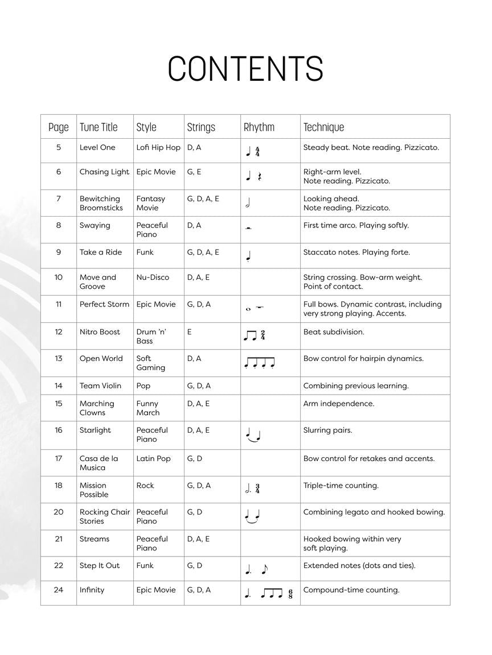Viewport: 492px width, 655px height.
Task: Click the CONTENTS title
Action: pos(245,69)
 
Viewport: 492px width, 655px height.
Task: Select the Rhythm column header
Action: pos(259,127)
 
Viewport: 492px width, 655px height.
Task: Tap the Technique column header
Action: pos(323,127)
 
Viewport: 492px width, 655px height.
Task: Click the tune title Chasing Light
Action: pos(104,172)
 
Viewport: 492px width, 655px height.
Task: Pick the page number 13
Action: pos(59,359)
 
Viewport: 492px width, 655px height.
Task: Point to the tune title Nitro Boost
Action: pos(100,332)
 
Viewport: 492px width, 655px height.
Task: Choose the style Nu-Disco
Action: pos(153,277)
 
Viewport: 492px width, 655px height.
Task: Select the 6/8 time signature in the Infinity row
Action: pos(290,595)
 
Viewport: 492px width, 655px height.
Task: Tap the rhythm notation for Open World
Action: pos(259,363)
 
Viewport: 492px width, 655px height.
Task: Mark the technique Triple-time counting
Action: pos(341,486)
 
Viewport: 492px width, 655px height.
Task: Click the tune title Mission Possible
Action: pos(94,490)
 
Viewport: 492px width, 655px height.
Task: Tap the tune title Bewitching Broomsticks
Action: pos(101,203)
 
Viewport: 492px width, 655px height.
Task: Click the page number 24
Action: pos(59,590)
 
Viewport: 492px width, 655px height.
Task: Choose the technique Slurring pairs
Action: pos(327,430)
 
